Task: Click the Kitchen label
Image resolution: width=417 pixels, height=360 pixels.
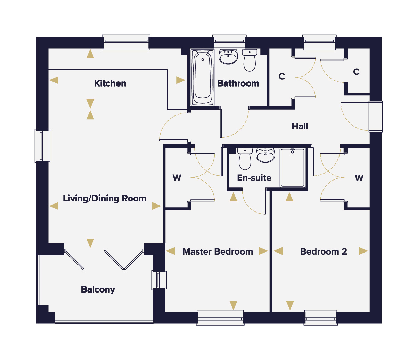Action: point(110,83)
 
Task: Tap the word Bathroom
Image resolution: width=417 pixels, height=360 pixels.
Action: point(238,83)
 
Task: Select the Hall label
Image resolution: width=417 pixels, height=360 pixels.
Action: point(300,126)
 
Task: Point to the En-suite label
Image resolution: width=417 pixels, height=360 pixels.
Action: point(254,178)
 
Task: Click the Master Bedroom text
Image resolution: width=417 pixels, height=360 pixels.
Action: point(218,251)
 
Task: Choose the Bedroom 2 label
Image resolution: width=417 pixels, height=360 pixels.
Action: point(324,251)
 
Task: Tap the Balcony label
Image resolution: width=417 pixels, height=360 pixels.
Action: point(98,290)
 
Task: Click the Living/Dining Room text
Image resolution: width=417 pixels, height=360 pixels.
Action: point(105,199)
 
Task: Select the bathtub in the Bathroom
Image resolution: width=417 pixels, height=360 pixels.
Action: point(202,78)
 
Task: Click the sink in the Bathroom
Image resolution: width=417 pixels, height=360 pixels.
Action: point(228,57)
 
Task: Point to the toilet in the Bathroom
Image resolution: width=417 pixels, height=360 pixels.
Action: point(250,60)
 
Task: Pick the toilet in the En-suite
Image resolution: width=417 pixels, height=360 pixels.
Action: point(245,159)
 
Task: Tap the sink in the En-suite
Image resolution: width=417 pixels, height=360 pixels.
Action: point(265,155)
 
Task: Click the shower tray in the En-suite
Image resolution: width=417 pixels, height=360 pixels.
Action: point(293,168)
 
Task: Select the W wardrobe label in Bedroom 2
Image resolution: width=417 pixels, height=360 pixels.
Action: point(359,178)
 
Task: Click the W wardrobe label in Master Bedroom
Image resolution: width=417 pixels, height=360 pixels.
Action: point(177,178)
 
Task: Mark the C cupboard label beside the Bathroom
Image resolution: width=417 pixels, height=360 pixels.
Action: point(282,76)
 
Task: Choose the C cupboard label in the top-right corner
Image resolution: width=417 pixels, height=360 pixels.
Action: point(356,72)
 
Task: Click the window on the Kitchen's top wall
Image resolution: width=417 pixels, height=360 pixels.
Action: point(126,42)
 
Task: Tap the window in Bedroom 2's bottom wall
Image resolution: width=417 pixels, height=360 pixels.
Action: point(321,318)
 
